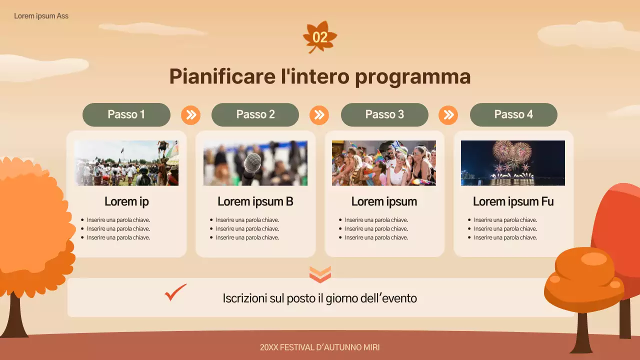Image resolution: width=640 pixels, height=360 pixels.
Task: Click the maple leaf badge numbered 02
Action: pos(320,37)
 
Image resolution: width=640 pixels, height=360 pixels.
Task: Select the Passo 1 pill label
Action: pos(126,114)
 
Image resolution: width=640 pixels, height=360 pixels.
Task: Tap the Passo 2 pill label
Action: pos(255,114)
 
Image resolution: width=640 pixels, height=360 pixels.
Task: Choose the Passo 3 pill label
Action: pos(384,114)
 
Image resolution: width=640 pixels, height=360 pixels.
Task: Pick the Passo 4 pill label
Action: pos(513,114)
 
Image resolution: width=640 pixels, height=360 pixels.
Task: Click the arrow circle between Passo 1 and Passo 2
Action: pos(190,115)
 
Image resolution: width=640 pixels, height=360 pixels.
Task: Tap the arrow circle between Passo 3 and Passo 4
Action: pos(448,115)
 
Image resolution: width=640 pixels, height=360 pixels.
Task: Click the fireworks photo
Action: pos(512,163)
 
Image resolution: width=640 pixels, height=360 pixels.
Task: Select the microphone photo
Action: pos(255,163)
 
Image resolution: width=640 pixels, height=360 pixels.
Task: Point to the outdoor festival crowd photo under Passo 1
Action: pos(126,163)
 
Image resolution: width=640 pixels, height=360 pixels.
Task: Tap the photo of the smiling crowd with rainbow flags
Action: pos(383,163)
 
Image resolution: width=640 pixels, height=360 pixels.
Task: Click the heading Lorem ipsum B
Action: pos(255,201)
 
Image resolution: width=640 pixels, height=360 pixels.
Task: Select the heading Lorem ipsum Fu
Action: pos(513,201)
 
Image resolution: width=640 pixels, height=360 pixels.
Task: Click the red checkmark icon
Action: pos(175,293)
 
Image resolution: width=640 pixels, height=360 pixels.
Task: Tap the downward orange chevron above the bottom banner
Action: pos(320,274)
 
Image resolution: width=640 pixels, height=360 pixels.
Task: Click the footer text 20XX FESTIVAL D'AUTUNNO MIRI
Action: pos(320,347)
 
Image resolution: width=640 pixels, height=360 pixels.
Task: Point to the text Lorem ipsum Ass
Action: pos(41,16)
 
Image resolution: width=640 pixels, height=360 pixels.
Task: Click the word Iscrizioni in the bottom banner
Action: pos(245,298)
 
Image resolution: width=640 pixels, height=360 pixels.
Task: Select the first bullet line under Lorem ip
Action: pos(118,220)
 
